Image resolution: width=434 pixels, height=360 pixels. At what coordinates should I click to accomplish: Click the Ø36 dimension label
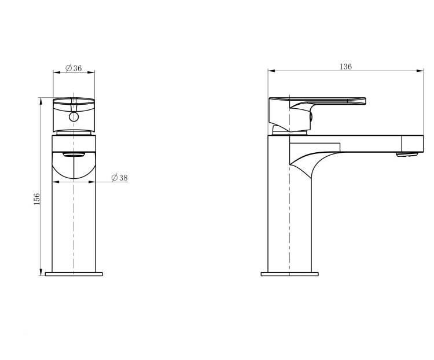tap(73, 68)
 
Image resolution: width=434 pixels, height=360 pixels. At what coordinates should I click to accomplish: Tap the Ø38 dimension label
tap(120, 178)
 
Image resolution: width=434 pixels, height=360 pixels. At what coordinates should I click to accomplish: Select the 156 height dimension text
tap(37, 199)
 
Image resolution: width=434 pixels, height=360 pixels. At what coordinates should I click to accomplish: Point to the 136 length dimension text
tap(345, 67)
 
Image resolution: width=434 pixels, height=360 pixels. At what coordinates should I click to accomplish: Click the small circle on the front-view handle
tap(74, 116)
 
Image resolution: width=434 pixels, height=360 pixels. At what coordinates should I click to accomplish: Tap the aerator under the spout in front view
tap(73, 155)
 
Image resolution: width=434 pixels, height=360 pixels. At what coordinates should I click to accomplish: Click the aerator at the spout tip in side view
tap(407, 155)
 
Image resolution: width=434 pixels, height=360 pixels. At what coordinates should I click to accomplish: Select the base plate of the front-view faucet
tap(74, 274)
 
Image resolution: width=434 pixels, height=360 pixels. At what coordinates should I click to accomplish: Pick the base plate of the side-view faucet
tap(289, 274)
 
